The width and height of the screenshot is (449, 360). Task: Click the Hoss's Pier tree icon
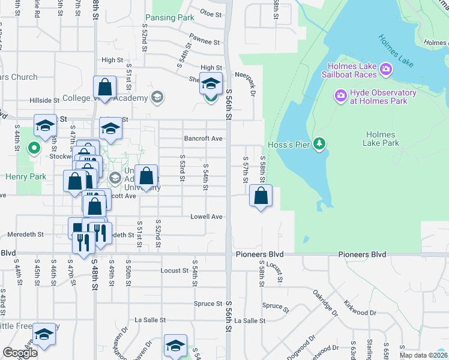pos(321,143)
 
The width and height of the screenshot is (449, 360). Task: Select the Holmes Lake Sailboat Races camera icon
pos(386,70)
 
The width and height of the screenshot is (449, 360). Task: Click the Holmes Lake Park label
pos(381,139)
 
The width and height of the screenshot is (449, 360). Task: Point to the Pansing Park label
pos(170,18)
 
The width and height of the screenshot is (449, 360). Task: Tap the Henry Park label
pos(21,176)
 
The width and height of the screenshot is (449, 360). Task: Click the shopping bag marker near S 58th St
pos(261,196)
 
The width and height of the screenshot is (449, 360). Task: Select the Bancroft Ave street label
pos(203,138)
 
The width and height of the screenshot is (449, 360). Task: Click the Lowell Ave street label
pos(206,217)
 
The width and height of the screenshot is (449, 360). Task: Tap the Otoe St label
pos(211,12)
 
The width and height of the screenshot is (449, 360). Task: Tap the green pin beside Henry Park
pos(34,147)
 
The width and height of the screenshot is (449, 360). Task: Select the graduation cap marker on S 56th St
pos(211,83)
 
